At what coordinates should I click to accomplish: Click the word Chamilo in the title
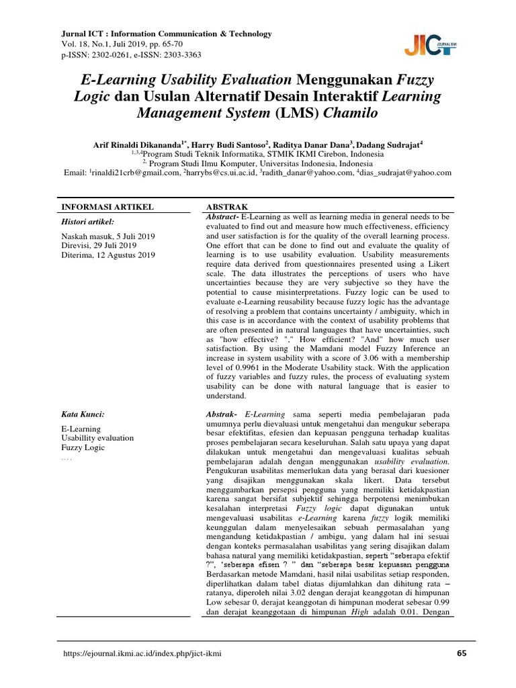pos(351,112)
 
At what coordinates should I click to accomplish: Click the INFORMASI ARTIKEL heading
pos(107,206)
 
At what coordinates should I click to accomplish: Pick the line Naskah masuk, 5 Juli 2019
pos(107,236)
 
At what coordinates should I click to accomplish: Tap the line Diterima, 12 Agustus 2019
pos(108,255)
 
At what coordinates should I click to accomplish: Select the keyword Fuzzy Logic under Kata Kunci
pos(83,447)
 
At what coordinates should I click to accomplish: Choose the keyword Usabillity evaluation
pos(97,438)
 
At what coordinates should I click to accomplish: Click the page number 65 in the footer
pos(461,653)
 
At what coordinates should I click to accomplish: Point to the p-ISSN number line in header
pos(131,54)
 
